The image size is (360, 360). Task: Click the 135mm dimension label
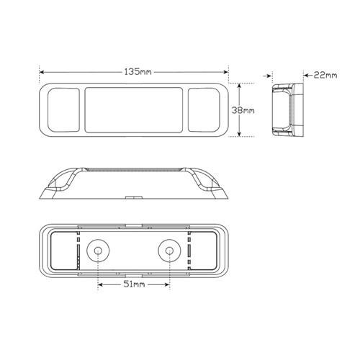138,71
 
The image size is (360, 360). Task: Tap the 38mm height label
243,110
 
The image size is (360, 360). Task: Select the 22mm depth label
325,75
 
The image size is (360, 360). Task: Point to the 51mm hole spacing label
134,284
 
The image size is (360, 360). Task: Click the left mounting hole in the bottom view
98,251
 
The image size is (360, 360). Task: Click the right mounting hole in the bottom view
169,251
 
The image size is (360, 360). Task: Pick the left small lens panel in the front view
63,110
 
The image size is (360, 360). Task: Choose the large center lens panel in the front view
134,110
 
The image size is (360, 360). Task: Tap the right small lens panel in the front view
204,110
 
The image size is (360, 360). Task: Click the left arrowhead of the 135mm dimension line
42,72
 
